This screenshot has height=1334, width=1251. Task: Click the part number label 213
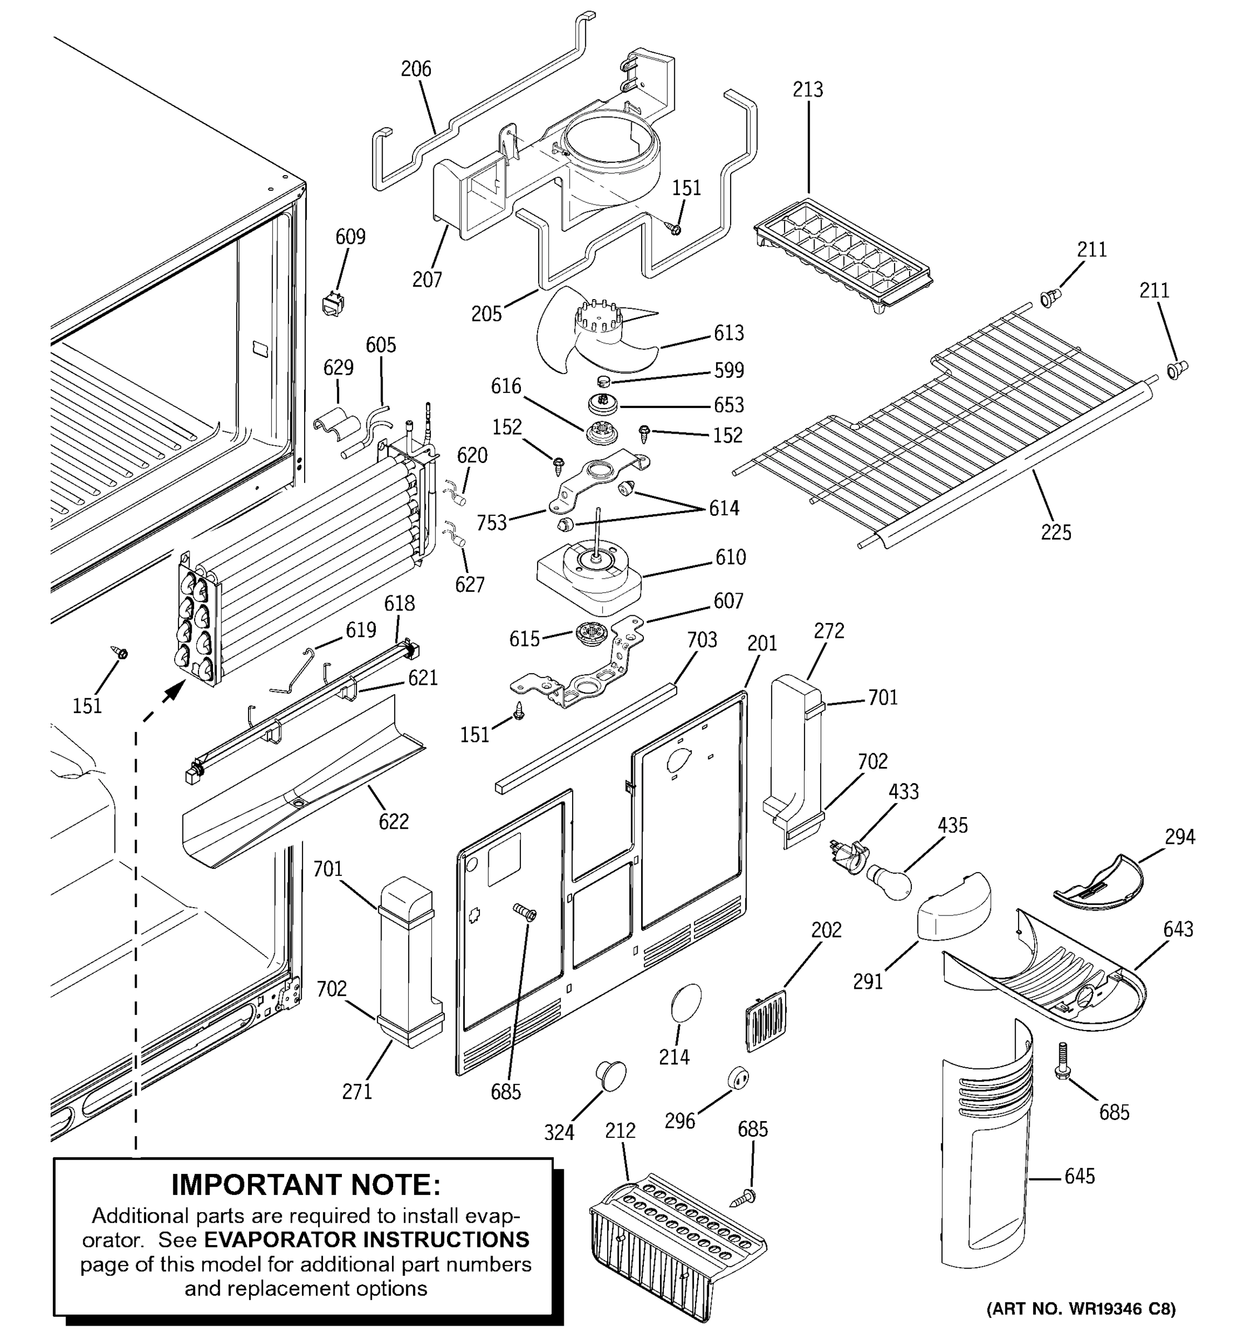(x=807, y=89)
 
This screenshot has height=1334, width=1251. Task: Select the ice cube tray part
(x=843, y=255)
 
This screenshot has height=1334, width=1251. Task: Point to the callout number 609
(x=350, y=237)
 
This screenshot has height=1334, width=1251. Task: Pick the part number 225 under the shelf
(x=1056, y=533)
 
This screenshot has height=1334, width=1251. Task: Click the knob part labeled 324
(x=610, y=1076)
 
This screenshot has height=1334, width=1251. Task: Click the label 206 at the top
(x=416, y=69)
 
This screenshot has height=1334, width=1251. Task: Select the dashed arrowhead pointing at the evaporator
(x=176, y=689)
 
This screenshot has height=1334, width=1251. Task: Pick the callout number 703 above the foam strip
(x=702, y=640)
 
